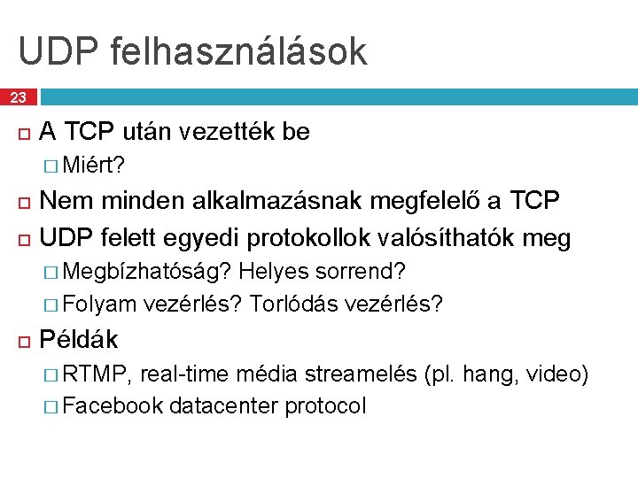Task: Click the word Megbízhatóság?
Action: (x=148, y=271)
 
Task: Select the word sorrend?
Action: (x=362, y=271)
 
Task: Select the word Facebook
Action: (x=113, y=406)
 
